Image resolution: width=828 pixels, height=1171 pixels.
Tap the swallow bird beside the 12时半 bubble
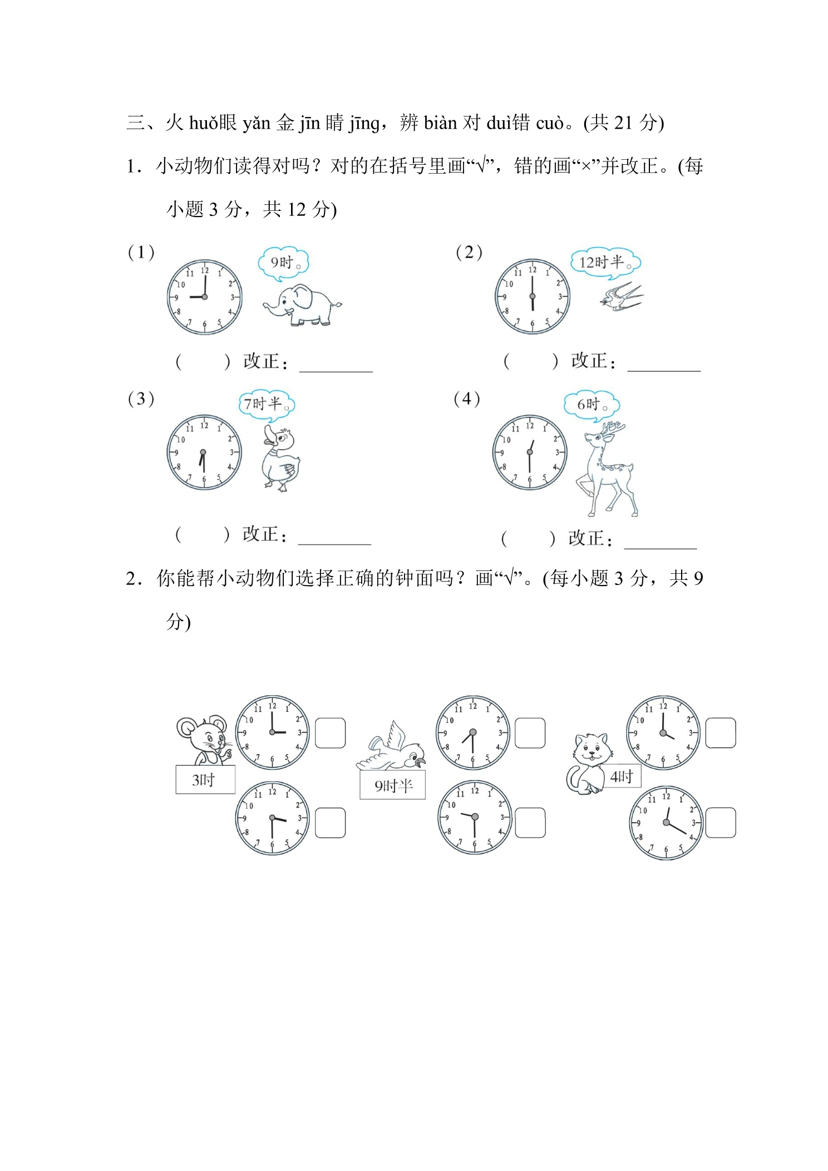622,296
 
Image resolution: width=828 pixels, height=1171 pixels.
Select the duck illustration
281,459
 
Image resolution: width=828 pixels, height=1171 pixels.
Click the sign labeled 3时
205,779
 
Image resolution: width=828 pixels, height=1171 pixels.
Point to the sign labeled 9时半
393,785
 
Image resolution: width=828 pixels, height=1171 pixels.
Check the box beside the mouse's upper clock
331,733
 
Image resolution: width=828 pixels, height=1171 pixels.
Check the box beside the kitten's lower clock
721,823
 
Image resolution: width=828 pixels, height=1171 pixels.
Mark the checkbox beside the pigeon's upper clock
530,733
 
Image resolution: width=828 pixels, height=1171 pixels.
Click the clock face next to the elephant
205,297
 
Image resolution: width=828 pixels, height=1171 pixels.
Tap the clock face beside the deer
530,452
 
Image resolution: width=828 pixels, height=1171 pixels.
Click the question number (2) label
469,253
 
